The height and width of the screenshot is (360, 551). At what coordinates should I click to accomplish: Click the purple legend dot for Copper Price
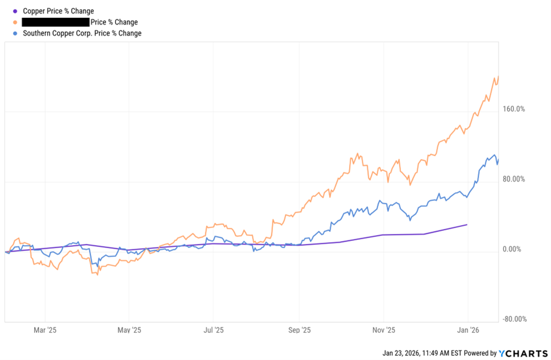point(15,11)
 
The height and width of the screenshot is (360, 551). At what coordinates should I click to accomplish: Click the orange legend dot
point(15,22)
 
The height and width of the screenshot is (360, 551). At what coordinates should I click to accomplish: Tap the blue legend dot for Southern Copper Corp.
point(15,34)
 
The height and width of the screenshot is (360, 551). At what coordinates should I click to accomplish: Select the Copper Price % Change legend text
point(58,11)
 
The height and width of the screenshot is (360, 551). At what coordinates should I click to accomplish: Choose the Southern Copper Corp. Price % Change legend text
point(82,34)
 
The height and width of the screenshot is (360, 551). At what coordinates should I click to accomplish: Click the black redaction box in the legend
point(55,22)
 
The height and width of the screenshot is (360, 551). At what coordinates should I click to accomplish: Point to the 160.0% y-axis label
point(513,109)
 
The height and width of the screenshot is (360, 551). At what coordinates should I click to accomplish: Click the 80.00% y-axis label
point(513,179)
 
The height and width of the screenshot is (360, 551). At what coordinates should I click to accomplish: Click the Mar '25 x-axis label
point(45,331)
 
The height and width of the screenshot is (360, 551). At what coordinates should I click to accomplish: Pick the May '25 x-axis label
point(129,331)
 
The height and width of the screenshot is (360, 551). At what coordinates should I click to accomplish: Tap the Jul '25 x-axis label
point(214,331)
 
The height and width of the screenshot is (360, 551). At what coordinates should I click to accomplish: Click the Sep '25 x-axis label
point(299,331)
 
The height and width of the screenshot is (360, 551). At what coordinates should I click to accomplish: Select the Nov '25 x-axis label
point(383,331)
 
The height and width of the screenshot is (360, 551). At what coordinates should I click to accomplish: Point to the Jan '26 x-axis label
point(467,331)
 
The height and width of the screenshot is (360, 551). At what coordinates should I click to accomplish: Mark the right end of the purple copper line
point(467,224)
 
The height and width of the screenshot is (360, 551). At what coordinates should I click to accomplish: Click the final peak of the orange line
point(499,77)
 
